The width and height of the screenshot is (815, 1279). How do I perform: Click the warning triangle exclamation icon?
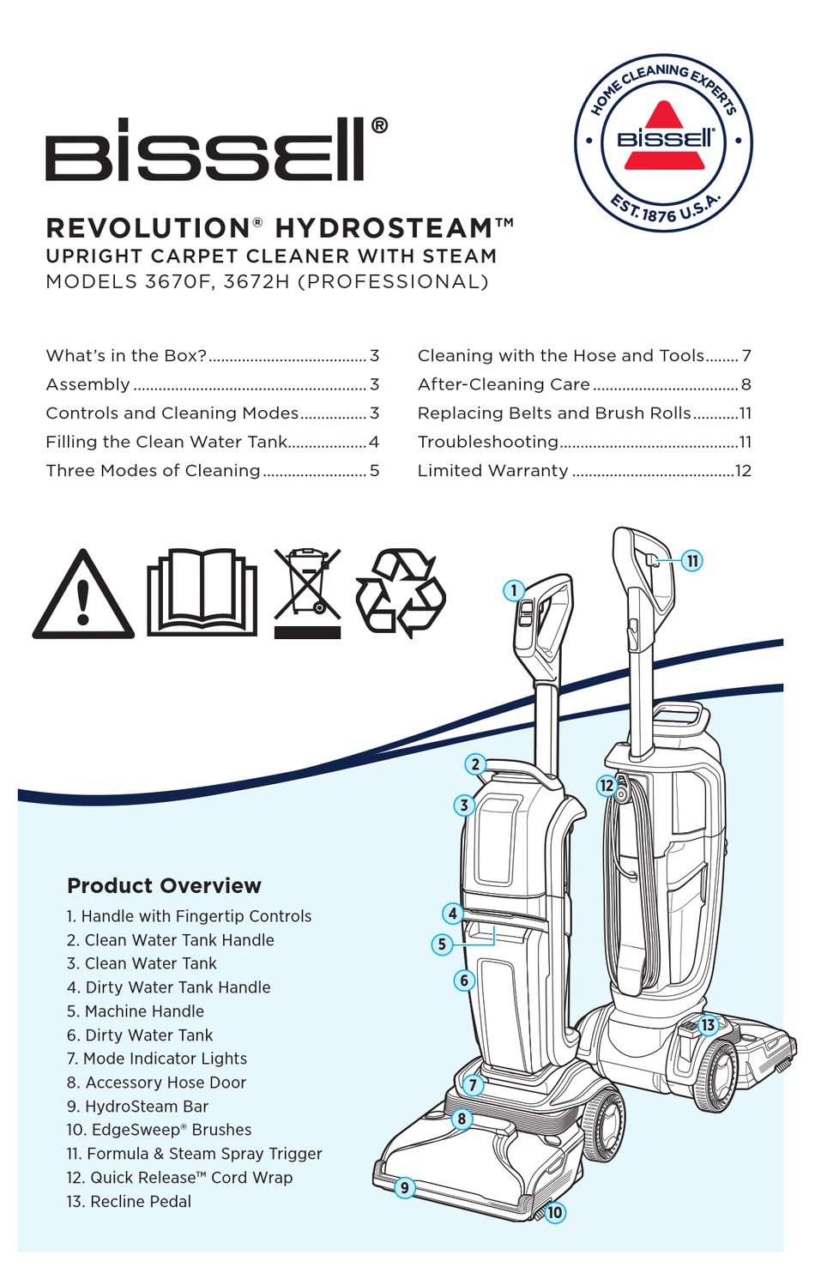(x=83, y=596)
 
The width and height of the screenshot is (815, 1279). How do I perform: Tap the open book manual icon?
(x=202, y=592)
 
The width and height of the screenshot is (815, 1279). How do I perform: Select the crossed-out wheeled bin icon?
(x=307, y=592)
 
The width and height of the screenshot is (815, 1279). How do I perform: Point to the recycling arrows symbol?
(x=401, y=592)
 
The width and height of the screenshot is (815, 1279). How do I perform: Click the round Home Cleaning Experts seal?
(x=663, y=142)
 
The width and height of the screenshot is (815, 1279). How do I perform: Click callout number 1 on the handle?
(x=514, y=590)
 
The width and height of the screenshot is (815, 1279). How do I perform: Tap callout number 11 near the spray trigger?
(x=692, y=561)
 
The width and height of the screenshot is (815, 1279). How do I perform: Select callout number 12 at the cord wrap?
(x=607, y=785)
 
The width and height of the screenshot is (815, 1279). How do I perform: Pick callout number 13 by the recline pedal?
(x=708, y=1025)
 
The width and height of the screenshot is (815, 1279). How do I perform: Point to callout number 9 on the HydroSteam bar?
(x=404, y=1188)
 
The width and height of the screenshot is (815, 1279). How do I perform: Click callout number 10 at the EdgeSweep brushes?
(x=555, y=1212)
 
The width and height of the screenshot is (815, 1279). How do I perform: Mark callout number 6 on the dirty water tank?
(x=464, y=980)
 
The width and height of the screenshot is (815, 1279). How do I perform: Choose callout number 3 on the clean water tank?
(x=464, y=805)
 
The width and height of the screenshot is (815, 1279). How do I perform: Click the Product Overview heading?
(x=164, y=885)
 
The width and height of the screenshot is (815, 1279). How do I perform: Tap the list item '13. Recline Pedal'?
(x=129, y=1202)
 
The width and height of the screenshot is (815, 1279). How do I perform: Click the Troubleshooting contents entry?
(x=487, y=442)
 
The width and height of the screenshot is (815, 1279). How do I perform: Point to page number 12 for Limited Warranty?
(x=743, y=471)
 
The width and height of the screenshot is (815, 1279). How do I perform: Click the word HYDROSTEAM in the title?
(x=383, y=228)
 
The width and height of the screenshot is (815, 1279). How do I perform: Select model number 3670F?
(x=178, y=282)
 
